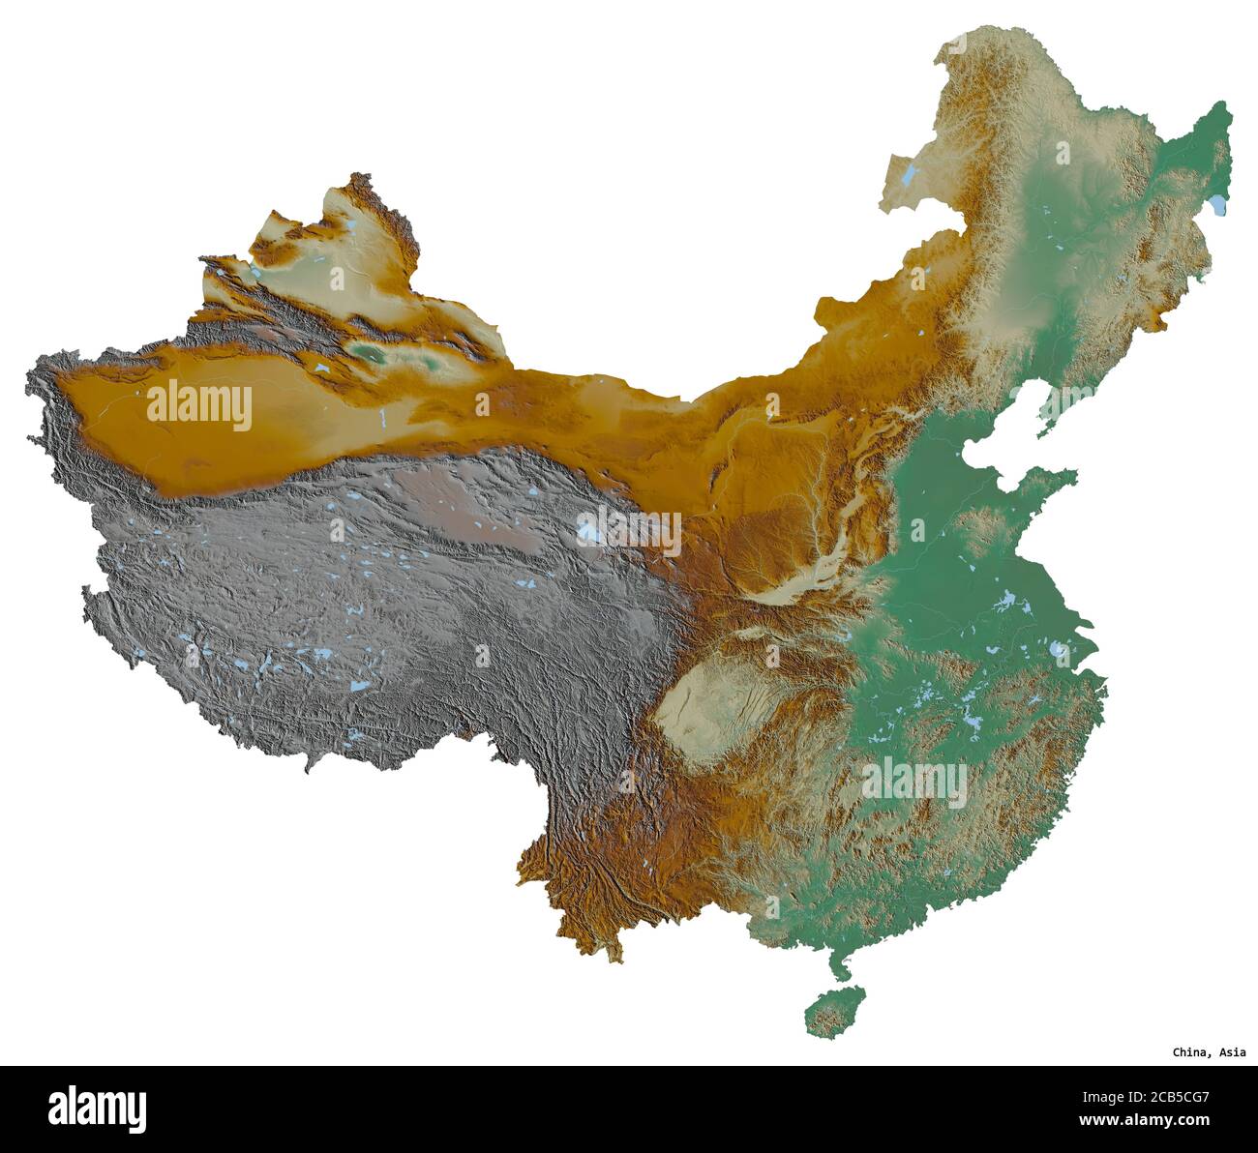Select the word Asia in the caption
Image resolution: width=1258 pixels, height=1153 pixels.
1233,1052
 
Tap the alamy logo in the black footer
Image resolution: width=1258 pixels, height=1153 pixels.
98,1109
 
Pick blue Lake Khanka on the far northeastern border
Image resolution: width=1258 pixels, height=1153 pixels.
1217,205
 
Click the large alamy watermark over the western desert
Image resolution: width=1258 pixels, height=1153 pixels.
199,406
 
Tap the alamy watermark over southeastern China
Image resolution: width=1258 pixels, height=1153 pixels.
914,783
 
